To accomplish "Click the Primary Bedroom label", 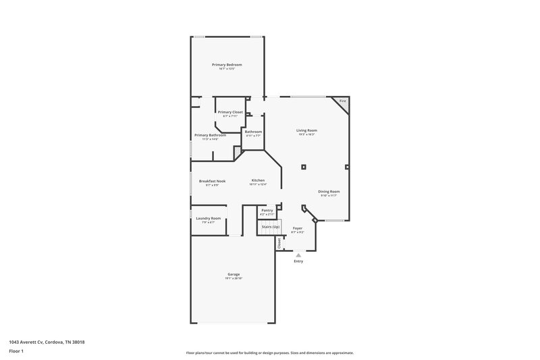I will [x=226, y=65].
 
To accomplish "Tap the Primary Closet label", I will [x=230, y=111].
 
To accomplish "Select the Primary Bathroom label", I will [x=210, y=135].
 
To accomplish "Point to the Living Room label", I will [x=306, y=130].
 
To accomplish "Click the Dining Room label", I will [x=329, y=191].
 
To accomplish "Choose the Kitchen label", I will [x=259, y=180].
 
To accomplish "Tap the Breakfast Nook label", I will [x=212, y=181].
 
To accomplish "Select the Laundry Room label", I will [x=208, y=218].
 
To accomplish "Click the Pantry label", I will [x=267, y=210].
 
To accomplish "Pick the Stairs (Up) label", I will [x=271, y=227].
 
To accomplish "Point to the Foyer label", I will [x=298, y=229].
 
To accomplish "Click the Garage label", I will [x=234, y=274].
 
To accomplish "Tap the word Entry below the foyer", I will [x=298, y=261].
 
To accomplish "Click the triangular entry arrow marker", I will [x=298, y=255].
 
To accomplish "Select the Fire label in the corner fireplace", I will [x=342, y=101].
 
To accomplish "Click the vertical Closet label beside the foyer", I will [x=278, y=243].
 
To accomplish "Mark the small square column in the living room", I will [x=304, y=166].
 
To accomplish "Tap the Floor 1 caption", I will [x=17, y=352].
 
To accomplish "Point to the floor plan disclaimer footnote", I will [x=269, y=353].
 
